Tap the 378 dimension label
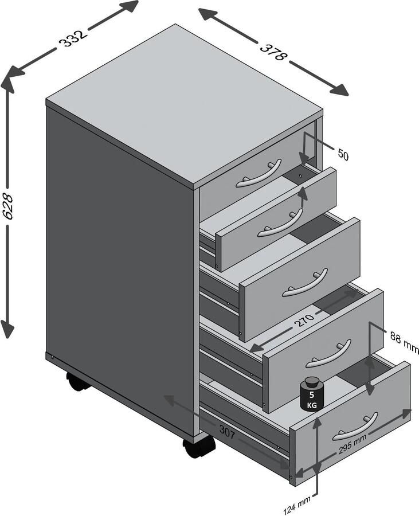272,51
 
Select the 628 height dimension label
7,206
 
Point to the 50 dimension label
343,154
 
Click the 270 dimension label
304,319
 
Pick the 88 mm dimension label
404,341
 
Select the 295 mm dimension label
353,444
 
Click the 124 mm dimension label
297,505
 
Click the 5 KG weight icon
312,394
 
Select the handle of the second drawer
280,223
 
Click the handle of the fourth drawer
328,354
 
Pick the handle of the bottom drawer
355,427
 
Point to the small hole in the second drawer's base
300,176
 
